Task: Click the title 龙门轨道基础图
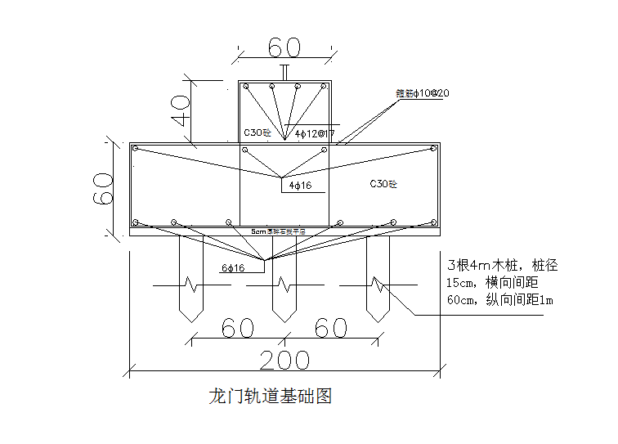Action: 271,397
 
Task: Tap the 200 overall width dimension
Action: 284,360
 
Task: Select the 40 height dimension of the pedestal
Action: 181,109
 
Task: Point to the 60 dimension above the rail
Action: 284,47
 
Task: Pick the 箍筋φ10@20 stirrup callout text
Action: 422,93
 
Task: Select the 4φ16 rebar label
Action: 300,186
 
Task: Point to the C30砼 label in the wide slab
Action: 383,184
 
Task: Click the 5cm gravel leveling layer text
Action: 278,232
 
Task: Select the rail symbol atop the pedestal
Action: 284,73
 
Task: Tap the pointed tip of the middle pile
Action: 284,320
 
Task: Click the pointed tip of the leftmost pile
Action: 190,320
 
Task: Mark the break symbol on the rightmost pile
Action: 378,285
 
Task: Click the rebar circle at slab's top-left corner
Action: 137,149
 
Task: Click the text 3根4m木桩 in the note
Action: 480,266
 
